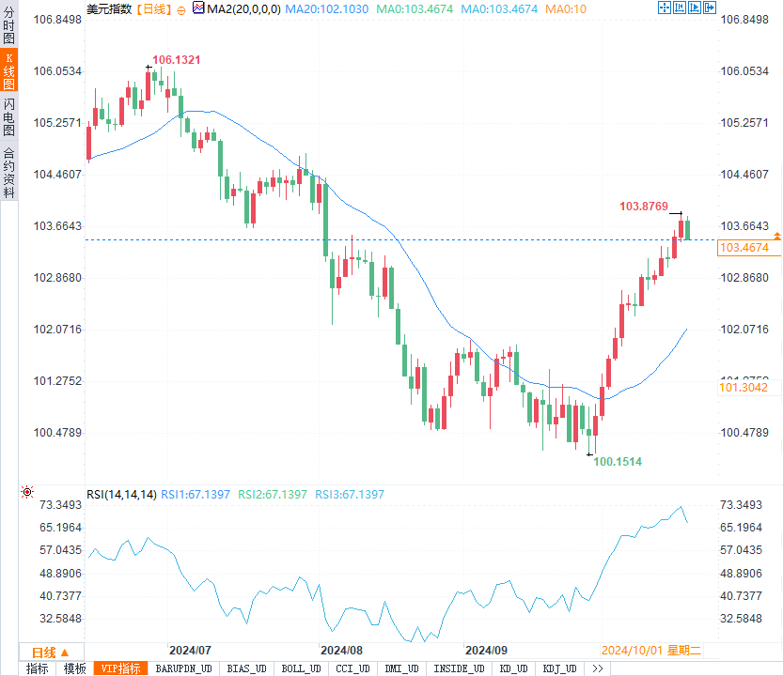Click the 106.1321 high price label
(176, 60)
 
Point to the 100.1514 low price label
(618, 462)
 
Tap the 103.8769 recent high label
(643, 207)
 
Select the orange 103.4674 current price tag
(743, 248)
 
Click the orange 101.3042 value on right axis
(743, 387)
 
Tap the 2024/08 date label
(341, 650)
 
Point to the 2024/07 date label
(189, 650)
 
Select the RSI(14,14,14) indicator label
(121, 495)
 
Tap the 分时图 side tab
(8, 26)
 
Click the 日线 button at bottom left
(45, 653)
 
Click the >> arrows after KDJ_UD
(598, 668)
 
